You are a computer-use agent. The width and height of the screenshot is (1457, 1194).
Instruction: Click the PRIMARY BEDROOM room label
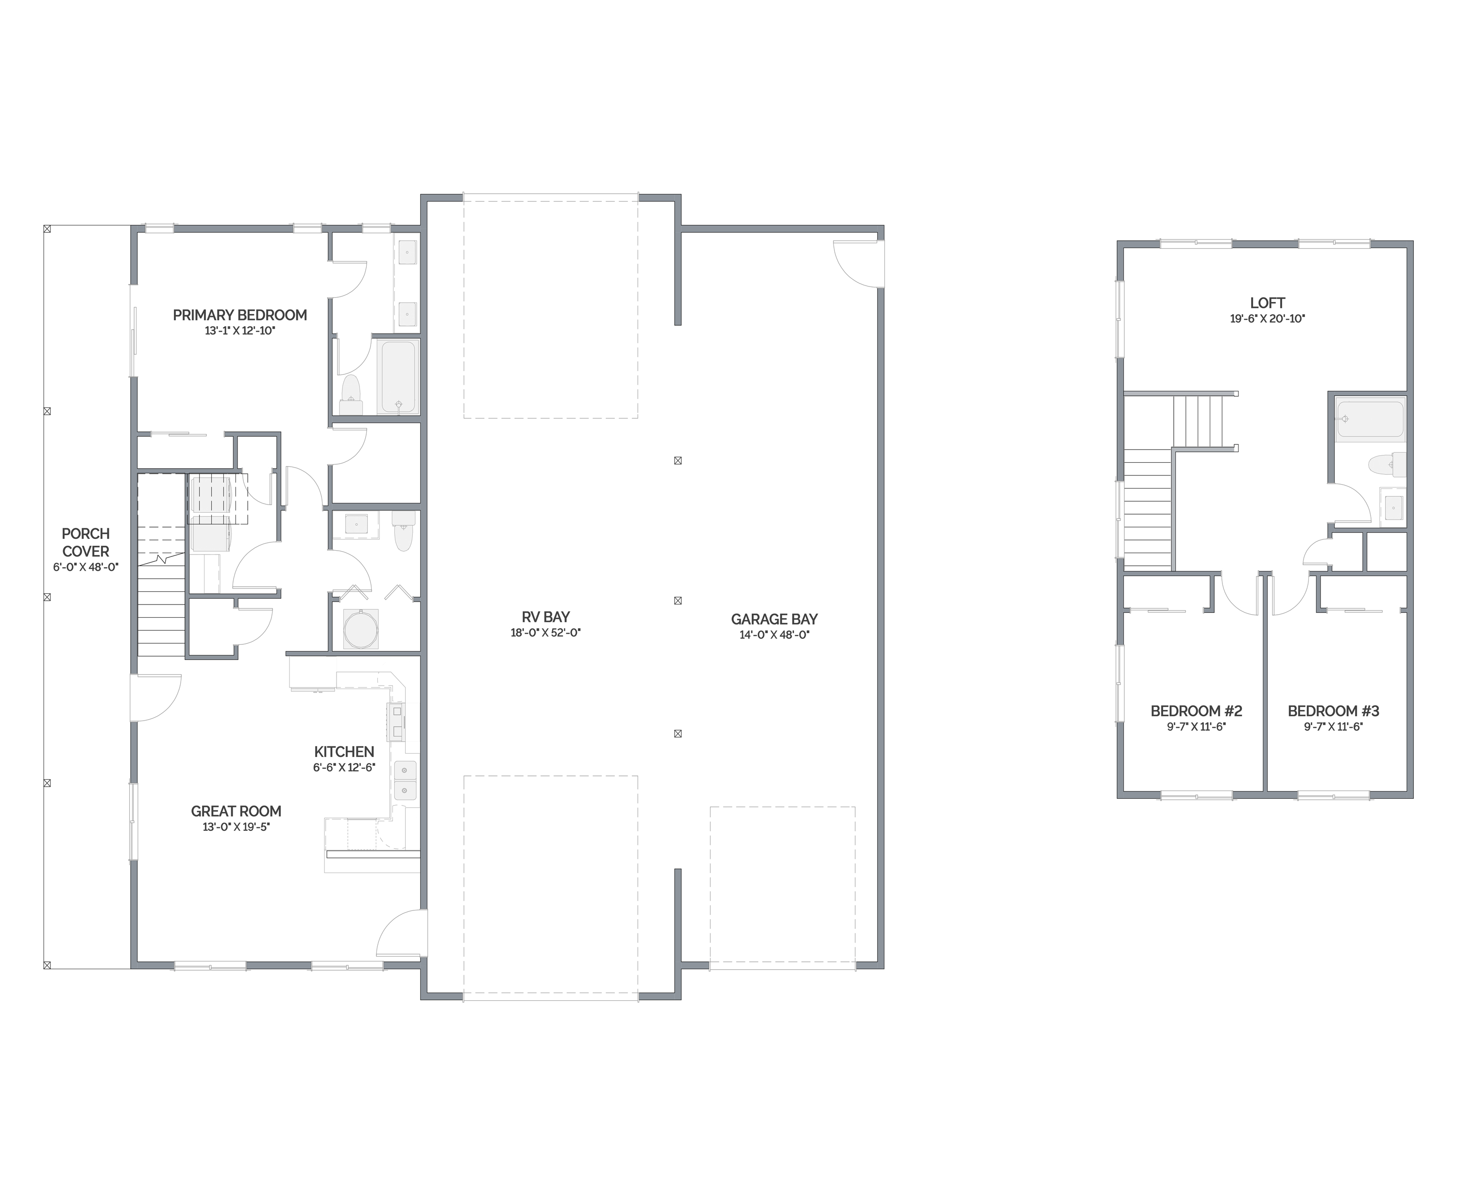click(x=239, y=315)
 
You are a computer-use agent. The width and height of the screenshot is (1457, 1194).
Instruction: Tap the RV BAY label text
click(x=545, y=617)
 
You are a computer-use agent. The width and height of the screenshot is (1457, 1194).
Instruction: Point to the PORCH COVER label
click(x=85, y=542)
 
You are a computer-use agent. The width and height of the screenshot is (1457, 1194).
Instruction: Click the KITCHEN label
click(x=344, y=752)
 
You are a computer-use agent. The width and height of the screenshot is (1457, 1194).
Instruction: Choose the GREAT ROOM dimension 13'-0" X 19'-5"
click(x=236, y=827)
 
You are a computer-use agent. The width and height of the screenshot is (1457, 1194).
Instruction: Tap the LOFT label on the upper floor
click(x=1267, y=303)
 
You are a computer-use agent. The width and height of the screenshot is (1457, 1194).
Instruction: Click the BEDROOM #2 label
click(x=1196, y=710)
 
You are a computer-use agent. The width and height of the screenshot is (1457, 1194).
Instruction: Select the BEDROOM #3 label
click(x=1333, y=710)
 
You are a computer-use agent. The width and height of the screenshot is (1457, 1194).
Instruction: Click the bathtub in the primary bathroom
click(x=398, y=377)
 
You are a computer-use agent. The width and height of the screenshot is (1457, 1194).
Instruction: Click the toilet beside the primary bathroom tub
click(x=351, y=395)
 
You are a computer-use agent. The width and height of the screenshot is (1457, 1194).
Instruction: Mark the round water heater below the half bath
click(x=360, y=629)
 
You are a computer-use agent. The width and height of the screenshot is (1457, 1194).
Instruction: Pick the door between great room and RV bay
click(x=402, y=933)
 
